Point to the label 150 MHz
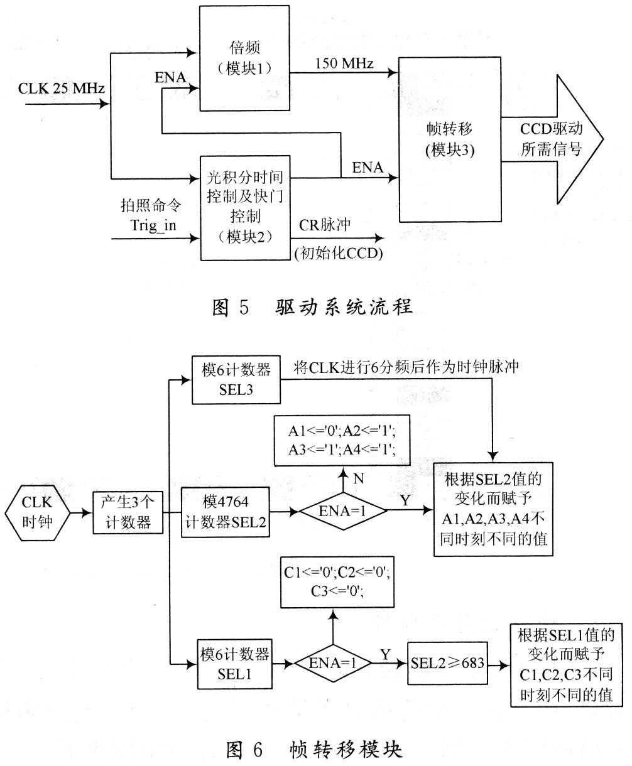pos(344,63)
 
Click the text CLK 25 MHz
pos(62,88)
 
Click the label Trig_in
pos(153,225)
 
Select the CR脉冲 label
pos(324,225)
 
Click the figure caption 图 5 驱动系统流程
pos(312,306)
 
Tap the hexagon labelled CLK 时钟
pos(37,512)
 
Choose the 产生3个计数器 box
pos(128,512)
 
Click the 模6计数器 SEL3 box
pos(236,380)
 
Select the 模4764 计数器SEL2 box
pos(226,512)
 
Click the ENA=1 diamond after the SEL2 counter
pos(343,511)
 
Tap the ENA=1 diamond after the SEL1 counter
pos(333,663)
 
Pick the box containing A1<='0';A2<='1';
pos(342,440)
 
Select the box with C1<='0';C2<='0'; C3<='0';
pos(337,582)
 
